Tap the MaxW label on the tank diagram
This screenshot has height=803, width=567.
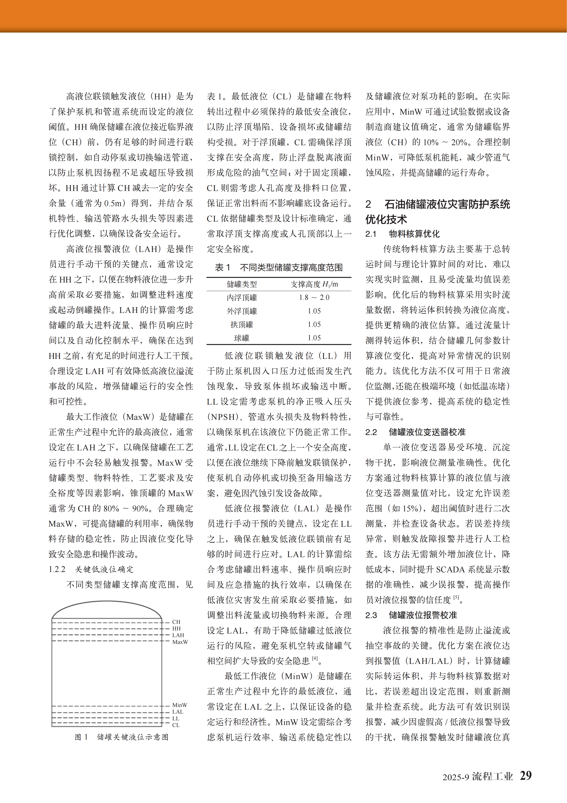(180, 642)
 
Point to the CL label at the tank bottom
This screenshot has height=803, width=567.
(176, 725)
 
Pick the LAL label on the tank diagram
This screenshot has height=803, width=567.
(178, 712)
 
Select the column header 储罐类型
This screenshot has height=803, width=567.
(242, 284)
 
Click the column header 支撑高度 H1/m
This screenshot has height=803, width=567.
(314, 284)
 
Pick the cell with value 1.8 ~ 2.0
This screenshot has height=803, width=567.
(314, 297)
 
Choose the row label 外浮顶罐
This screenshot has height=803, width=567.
(242, 311)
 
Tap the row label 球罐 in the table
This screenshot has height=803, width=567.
(242, 338)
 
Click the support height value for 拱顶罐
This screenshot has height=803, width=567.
(314, 324)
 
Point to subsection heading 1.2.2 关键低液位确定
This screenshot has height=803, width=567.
(91, 569)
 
